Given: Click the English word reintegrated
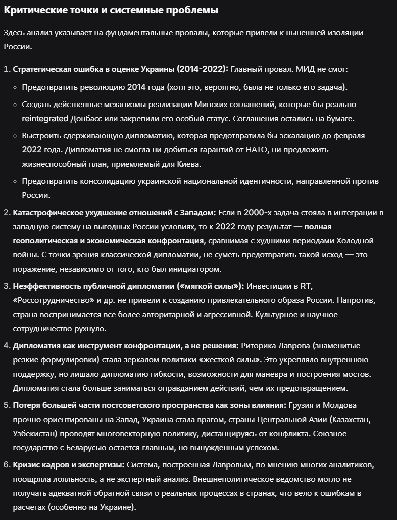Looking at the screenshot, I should point(45,118).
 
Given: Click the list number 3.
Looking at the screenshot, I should point(7,286).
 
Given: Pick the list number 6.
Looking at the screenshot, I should point(7,464).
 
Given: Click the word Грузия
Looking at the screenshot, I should point(304,405).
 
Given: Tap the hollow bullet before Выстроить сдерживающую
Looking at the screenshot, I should point(16,136).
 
